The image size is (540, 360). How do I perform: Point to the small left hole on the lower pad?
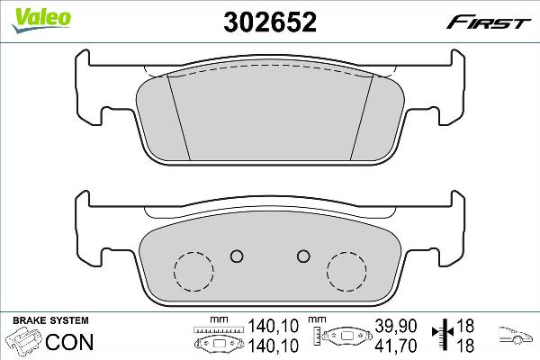click(x=237, y=255)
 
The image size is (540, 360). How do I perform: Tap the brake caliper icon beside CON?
click(x=25, y=343)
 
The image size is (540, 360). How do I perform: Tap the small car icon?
click(x=515, y=336)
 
